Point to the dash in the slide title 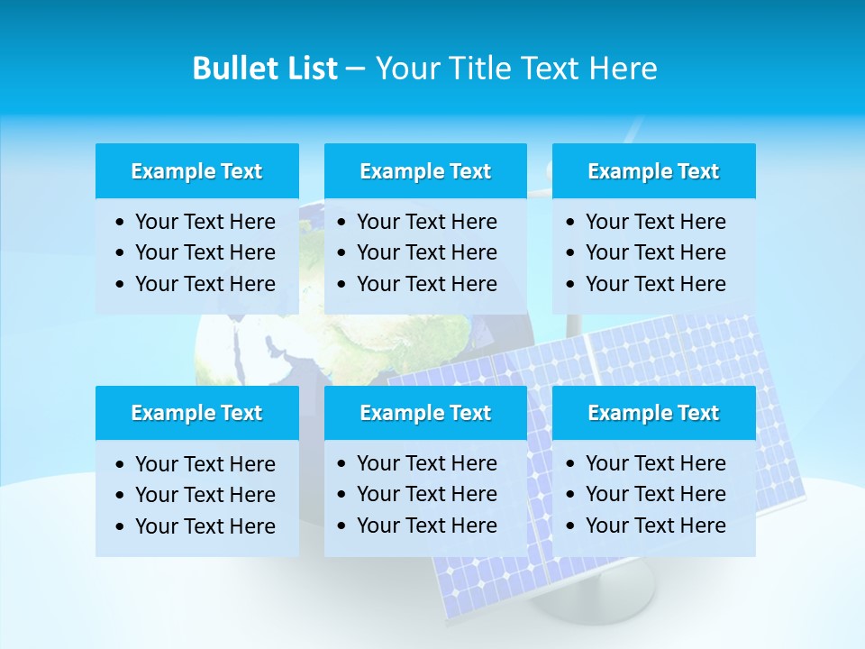click(x=356, y=69)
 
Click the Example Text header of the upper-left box click(x=196, y=171)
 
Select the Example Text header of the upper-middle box click(x=425, y=171)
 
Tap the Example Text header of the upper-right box click(x=653, y=171)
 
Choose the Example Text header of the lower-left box click(x=196, y=413)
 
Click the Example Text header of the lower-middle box click(x=425, y=413)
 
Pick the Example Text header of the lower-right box click(x=653, y=413)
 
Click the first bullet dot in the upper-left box click(x=121, y=223)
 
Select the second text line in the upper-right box click(x=655, y=252)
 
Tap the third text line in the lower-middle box click(x=426, y=526)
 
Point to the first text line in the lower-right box click(x=655, y=463)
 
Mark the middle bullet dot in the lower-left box click(x=121, y=496)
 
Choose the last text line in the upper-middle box click(x=426, y=284)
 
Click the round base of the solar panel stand click(x=595, y=599)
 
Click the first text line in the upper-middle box click(x=426, y=222)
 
